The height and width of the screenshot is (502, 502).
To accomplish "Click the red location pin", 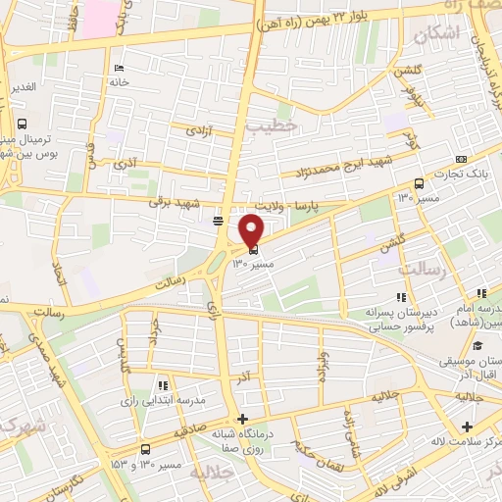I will point(252,231).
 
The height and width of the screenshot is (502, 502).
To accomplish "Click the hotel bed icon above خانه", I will point(119,68).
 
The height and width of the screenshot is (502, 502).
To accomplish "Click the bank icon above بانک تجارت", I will point(461,160).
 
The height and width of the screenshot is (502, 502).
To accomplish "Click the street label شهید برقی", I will point(173,201).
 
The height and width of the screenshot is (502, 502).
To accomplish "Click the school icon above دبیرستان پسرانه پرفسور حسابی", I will point(400,297).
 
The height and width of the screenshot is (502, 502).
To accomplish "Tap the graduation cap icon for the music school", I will point(477,346).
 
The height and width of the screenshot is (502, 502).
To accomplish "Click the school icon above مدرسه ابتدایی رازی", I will point(163,385).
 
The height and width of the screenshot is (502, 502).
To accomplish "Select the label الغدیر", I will point(23,87).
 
